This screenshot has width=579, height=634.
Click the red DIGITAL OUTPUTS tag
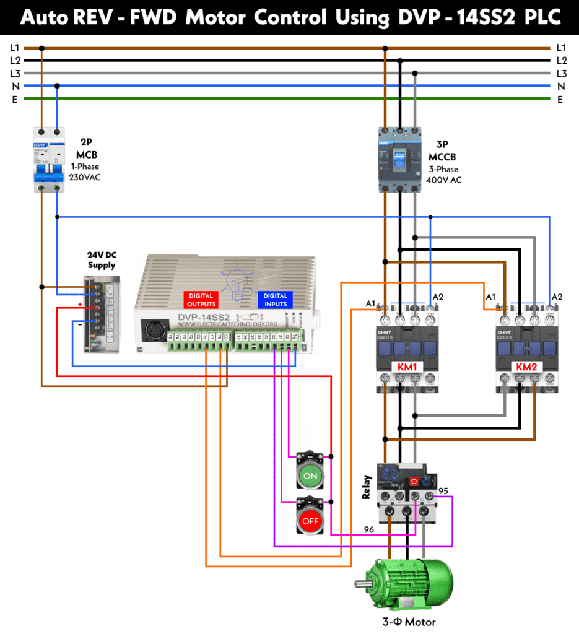point(201,300)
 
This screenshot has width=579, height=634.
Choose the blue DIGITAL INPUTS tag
point(275,300)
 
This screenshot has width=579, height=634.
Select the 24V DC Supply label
point(102,260)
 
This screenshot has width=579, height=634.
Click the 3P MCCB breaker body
point(400,158)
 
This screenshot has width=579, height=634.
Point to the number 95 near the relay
point(443,490)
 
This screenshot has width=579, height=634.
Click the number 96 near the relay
point(369,529)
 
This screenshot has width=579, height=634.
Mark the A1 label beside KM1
point(370,303)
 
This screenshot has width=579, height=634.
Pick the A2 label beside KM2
point(557,297)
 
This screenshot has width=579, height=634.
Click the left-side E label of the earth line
point(14,98)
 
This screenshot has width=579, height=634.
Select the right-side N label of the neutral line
point(560,85)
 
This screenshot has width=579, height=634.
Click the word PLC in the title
point(545,17)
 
